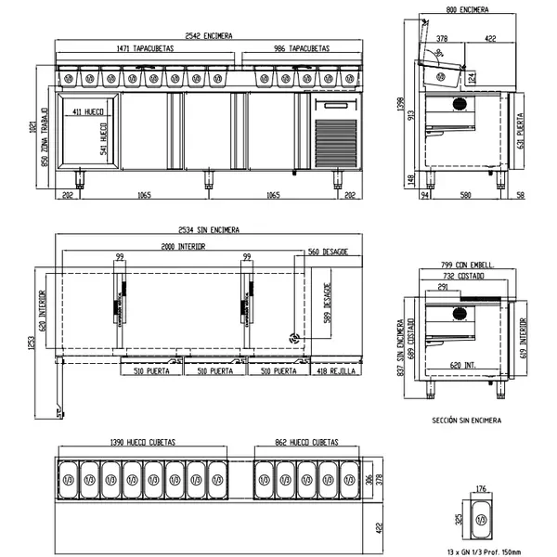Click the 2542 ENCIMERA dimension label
coord(207,34)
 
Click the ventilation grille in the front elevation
coord(333,142)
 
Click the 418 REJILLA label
coord(335,370)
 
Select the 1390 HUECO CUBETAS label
coord(143,443)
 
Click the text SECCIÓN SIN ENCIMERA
coord(467,420)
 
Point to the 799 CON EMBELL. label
coord(468,266)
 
